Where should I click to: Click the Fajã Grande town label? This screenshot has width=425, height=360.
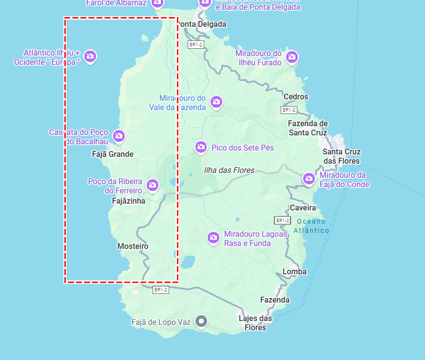point(113,154)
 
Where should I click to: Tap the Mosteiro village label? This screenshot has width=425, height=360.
point(133,246)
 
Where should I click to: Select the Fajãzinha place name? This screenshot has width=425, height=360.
point(129,201)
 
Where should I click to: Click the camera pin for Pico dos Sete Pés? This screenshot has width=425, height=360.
point(201,147)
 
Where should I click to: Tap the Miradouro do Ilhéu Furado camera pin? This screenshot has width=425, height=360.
point(292,57)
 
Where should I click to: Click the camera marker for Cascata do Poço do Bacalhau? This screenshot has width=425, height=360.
point(118,135)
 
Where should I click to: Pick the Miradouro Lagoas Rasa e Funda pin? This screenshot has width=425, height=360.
point(213,237)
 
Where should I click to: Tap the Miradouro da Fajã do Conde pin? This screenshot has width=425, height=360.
point(309,178)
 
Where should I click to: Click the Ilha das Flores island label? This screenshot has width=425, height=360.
point(229,170)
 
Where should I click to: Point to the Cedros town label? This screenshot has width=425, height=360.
point(296,96)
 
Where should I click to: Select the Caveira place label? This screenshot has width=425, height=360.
point(303,208)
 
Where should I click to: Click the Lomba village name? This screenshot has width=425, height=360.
point(294,271)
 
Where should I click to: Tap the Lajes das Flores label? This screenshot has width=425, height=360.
point(255,323)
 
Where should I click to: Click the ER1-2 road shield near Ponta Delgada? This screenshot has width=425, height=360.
point(195,44)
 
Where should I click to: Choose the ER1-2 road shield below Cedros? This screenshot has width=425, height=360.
point(289,110)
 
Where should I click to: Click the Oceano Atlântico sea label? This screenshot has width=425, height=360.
point(311,226)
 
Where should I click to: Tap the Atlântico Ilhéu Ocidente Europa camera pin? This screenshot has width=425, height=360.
point(90,56)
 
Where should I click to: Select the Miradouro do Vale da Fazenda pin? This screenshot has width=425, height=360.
point(216,101)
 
